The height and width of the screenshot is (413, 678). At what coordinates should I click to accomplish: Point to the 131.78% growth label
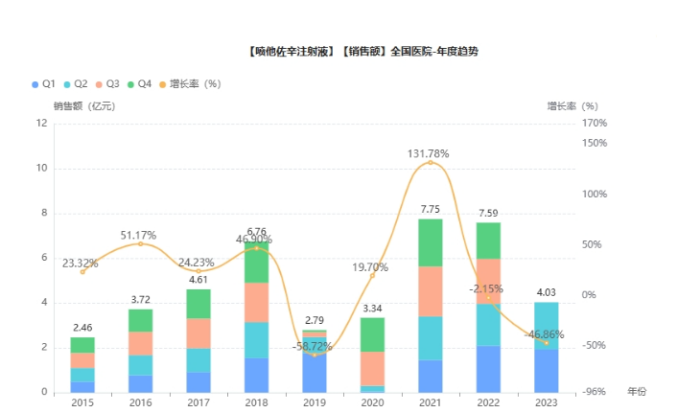429,153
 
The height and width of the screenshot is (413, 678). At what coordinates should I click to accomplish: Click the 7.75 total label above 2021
429,209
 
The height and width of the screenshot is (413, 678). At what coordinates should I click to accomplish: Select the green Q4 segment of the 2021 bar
429,242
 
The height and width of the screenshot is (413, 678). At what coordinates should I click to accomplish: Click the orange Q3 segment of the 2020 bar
371,369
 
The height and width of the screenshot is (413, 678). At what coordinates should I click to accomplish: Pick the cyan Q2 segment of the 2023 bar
547,325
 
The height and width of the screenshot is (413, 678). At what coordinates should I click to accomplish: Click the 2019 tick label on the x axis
313,403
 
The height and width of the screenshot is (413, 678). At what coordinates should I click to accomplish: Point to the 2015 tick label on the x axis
82,403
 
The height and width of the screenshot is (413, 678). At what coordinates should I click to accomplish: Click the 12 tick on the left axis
41,124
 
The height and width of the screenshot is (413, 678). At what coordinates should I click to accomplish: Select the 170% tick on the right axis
595,124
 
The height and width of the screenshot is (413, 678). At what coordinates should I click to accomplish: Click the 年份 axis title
637,393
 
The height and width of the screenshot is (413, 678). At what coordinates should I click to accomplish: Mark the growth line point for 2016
140,243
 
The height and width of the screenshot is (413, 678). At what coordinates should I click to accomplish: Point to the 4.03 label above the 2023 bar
546,292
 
